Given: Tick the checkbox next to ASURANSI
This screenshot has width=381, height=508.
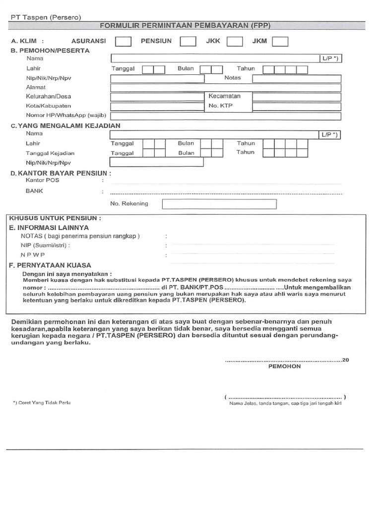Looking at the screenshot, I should [123, 41].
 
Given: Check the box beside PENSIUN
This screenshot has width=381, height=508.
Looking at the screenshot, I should [188, 41].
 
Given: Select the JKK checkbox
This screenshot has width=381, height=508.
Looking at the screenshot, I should [235, 41].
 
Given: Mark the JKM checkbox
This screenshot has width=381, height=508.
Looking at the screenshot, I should [280, 41].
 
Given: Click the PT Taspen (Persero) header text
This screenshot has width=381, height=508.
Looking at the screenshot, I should [46, 17].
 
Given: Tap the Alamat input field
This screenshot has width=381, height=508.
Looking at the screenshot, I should [226, 87].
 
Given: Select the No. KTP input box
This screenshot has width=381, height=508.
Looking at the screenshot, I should [297, 106].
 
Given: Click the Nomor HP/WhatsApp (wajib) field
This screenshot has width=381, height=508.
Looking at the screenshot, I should [226, 116].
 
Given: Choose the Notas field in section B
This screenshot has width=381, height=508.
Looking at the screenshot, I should [297, 78].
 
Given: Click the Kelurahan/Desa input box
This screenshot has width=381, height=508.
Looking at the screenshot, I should [157, 96].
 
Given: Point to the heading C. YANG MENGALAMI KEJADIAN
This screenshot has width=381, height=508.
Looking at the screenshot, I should [65, 126].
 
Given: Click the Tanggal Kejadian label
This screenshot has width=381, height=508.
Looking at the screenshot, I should [50, 153].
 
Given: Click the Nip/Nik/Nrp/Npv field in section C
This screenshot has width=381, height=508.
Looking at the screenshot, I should [157, 162].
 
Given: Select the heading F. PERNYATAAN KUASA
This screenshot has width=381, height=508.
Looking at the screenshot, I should [50, 265].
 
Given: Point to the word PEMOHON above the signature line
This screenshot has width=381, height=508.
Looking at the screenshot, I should [284, 367].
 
